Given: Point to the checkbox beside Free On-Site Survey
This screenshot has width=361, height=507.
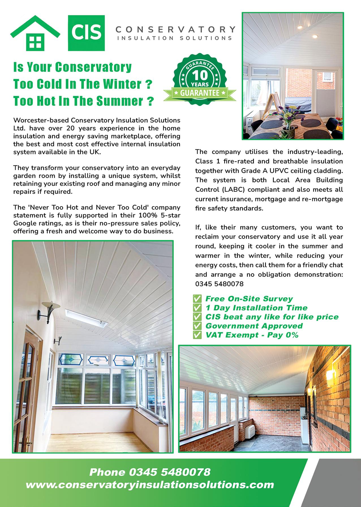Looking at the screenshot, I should pyautogui.click(x=197, y=299).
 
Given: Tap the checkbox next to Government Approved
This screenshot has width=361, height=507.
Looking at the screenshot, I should pyautogui.click(x=197, y=326).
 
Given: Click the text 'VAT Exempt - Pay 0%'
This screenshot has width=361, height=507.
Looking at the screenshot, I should pyautogui.click(x=252, y=335).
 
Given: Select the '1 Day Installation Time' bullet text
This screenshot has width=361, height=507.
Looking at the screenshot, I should pyautogui.click(x=256, y=308).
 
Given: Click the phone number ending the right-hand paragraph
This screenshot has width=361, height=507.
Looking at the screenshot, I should pyautogui.click(x=219, y=284).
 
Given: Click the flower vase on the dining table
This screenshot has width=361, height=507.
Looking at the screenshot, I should pyautogui.click(x=289, y=122).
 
